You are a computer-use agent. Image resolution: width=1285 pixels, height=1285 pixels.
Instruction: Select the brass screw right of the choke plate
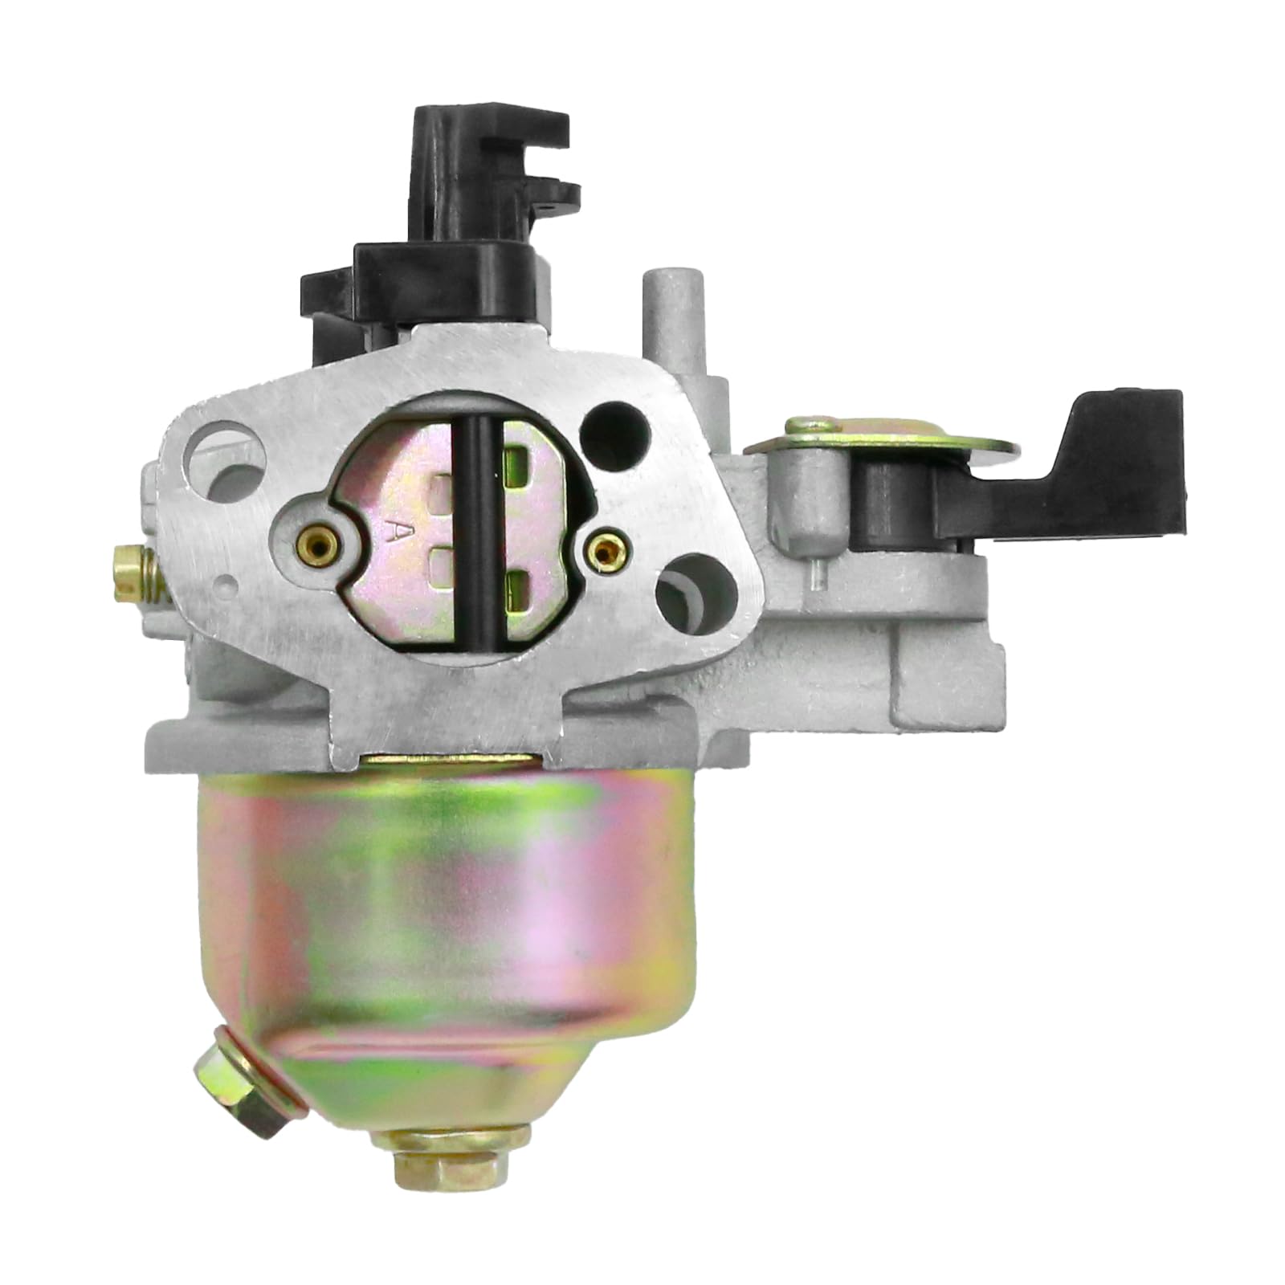602,548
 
